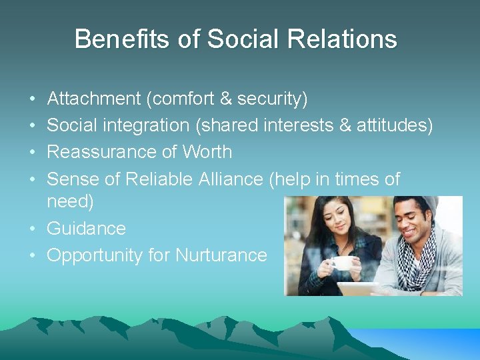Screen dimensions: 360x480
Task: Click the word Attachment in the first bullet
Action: tap(93, 99)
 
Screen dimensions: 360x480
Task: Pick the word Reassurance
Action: tap(102, 152)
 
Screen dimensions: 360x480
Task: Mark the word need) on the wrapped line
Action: tap(70, 201)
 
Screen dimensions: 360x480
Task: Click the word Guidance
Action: tap(86, 229)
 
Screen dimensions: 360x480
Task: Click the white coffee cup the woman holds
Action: tap(342, 263)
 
